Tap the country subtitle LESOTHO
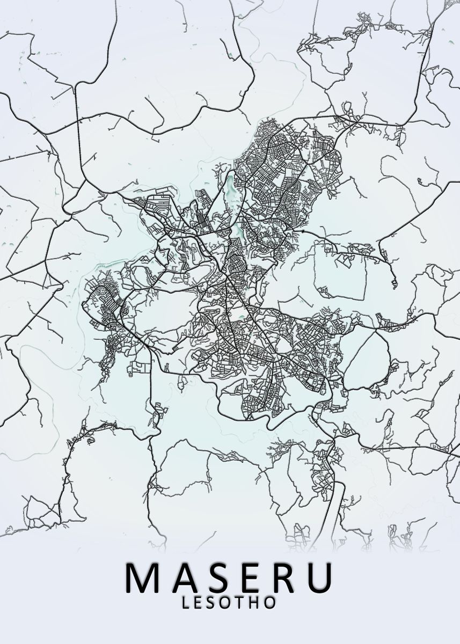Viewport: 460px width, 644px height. pos(230,603)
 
